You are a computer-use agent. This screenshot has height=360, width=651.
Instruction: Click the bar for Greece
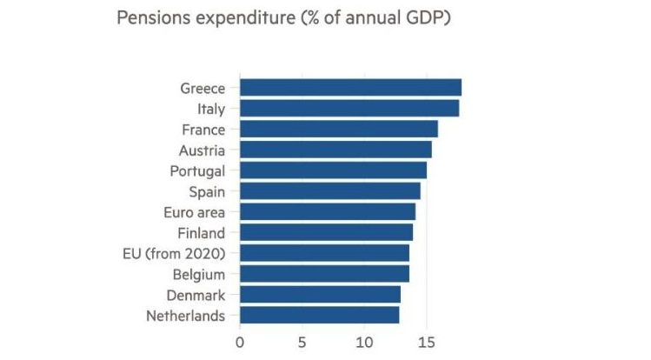350,88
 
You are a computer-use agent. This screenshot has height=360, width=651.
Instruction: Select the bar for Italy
349,109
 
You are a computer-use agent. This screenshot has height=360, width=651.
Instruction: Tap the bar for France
339,130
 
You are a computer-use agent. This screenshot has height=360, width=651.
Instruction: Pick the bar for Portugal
333,170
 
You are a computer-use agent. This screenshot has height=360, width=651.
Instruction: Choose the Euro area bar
328,212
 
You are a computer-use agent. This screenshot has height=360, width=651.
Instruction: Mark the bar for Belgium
324,274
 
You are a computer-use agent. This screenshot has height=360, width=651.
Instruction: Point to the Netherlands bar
320,315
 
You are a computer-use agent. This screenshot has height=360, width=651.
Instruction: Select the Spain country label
207,191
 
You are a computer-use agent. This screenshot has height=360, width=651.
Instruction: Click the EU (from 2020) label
175,253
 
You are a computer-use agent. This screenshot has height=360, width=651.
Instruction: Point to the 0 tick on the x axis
240,342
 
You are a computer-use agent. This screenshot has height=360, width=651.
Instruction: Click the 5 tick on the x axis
302,342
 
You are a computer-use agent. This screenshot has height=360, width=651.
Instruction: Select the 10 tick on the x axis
363,342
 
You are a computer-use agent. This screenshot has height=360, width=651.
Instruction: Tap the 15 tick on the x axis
426,342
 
